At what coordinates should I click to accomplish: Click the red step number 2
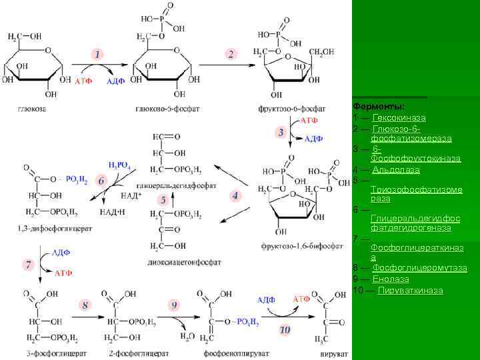pyautogui.click(x=231, y=54)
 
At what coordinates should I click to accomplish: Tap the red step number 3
pyautogui.click(x=282, y=132)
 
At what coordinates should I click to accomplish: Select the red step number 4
pyautogui.click(x=235, y=195)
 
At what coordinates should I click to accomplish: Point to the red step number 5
pyautogui.click(x=162, y=199)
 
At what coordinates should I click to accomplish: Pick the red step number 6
pyautogui.click(x=101, y=181)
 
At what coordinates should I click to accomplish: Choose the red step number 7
pyautogui.click(x=28, y=265)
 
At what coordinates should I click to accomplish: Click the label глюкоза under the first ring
pyautogui.click(x=31, y=108)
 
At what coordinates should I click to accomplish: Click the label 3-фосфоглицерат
pyautogui.click(x=45, y=352)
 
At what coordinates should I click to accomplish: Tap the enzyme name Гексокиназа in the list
pyautogui.click(x=399, y=118)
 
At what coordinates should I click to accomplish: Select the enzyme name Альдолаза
pyautogui.click(x=396, y=169)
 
